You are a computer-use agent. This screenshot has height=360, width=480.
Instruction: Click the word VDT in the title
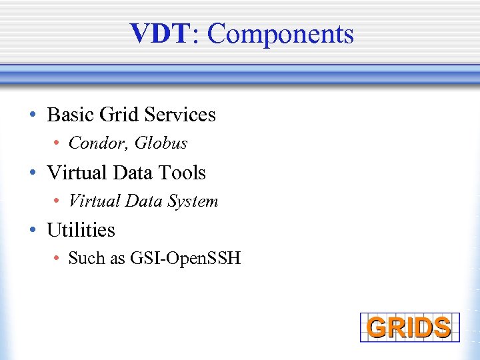(x=160, y=33)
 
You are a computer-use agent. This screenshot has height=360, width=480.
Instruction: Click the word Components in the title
(x=280, y=34)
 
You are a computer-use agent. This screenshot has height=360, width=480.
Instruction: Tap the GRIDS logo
(x=409, y=327)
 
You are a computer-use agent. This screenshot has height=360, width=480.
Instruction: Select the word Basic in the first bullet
(x=71, y=115)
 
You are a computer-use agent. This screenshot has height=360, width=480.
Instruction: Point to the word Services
(x=180, y=115)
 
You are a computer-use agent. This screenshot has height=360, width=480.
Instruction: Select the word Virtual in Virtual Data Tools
(x=74, y=173)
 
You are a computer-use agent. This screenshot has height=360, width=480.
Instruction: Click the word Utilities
(x=81, y=230)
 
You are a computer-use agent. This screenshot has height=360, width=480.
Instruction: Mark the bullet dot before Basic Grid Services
(x=33, y=115)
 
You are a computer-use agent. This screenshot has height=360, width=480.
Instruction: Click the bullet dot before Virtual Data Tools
(x=33, y=173)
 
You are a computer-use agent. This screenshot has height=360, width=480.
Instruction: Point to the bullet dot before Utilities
(x=33, y=231)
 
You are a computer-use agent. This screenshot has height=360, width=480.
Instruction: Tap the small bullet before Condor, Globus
(x=58, y=144)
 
